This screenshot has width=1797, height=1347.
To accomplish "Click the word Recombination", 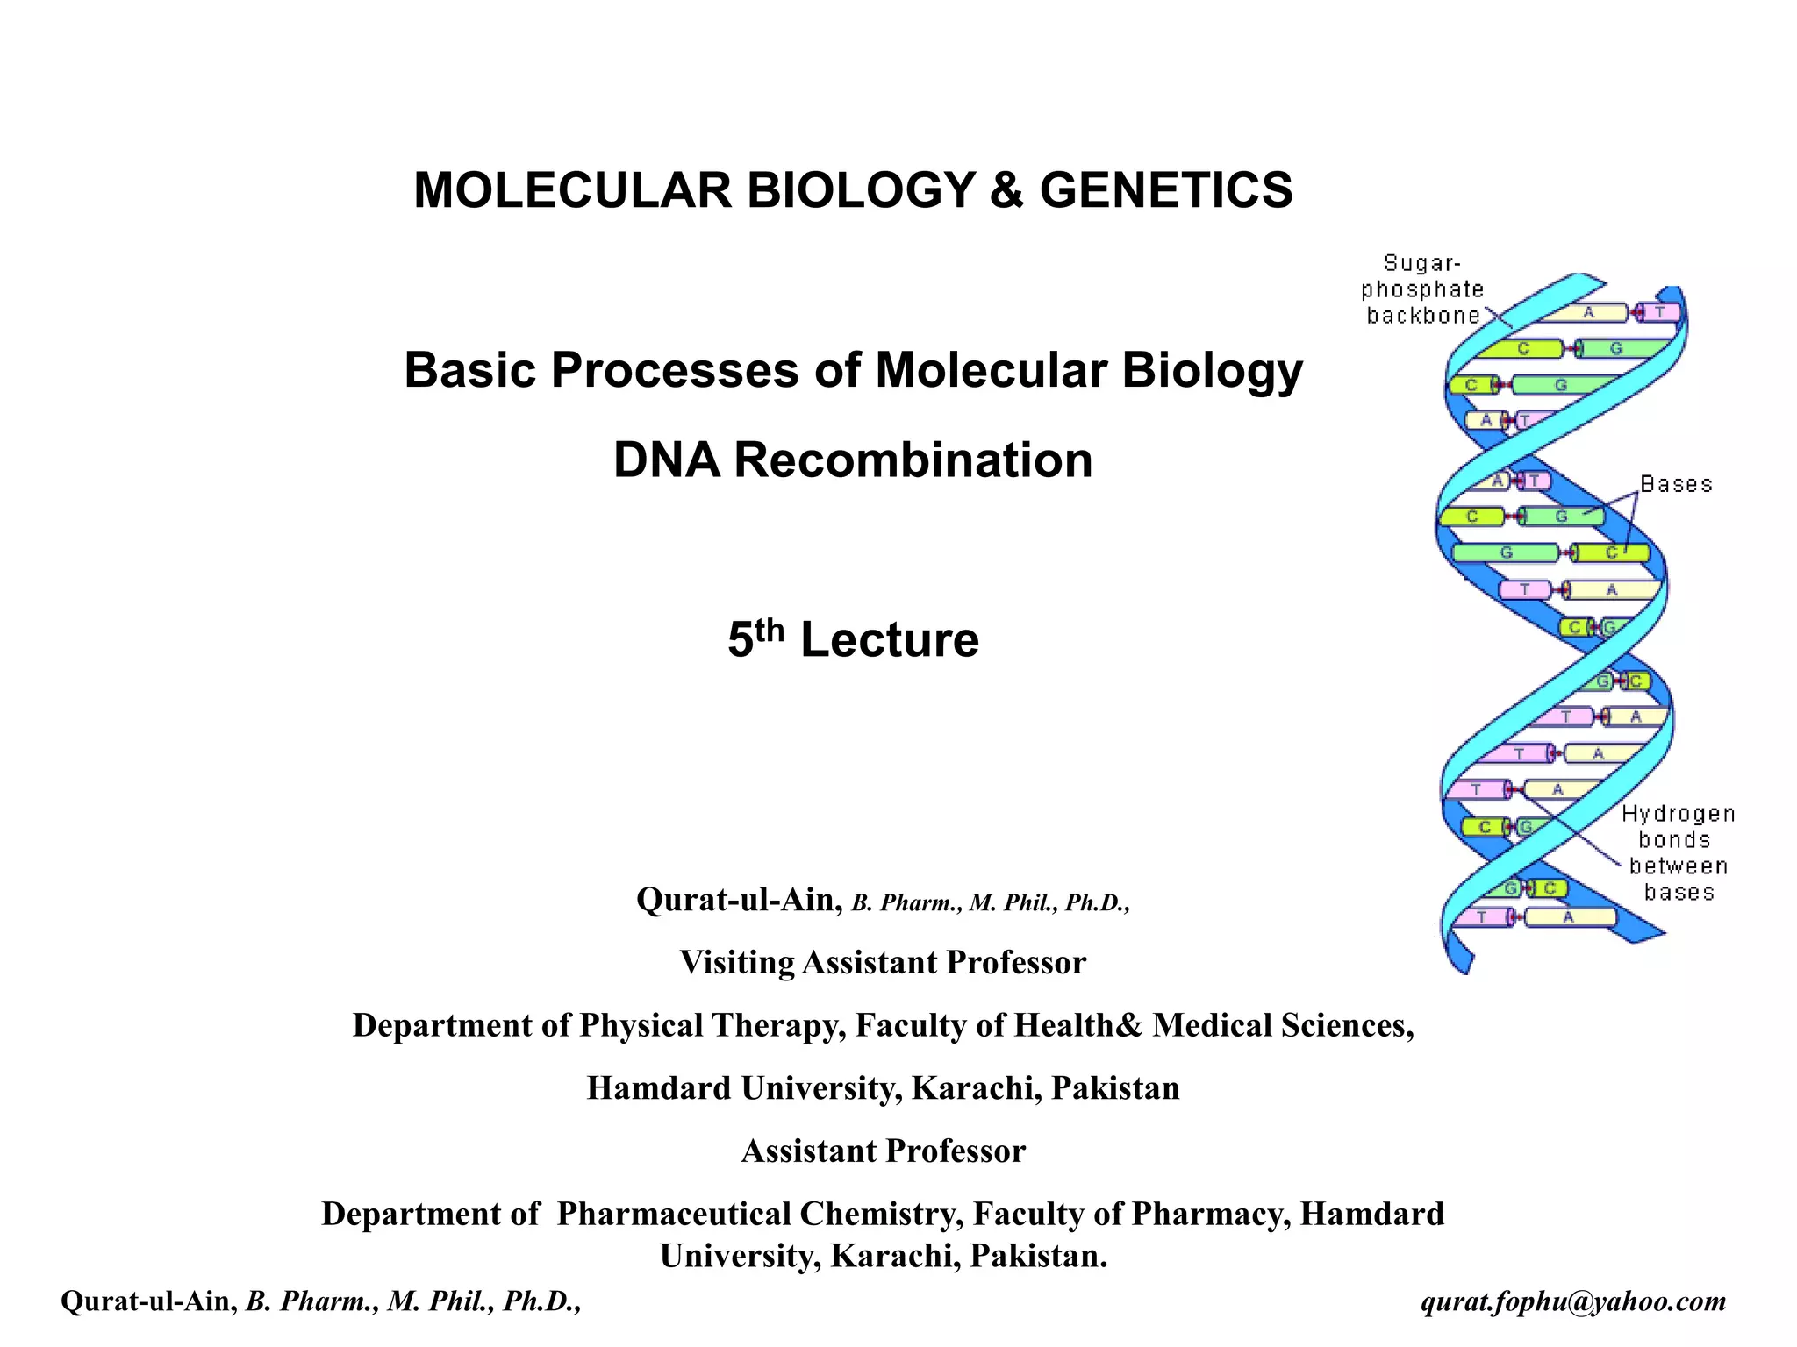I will click(x=913, y=460).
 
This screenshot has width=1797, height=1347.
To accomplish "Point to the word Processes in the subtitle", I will click(x=674, y=370).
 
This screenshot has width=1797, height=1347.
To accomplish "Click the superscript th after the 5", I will click(x=770, y=629).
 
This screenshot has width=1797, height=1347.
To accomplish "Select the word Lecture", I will click(x=889, y=639).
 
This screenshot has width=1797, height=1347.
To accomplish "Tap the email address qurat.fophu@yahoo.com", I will click(x=1572, y=1301).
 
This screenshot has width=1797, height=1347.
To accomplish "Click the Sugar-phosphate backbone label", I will click(x=1422, y=289).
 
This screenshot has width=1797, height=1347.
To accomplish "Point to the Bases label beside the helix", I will click(x=1676, y=484).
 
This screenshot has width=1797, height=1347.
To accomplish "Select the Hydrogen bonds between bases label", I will click(x=1678, y=852).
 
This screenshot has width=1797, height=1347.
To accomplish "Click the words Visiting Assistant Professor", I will click(x=883, y=963).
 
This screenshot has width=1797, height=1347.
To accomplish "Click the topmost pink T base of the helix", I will click(x=1660, y=312).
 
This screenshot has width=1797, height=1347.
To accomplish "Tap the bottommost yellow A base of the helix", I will click(x=1570, y=917).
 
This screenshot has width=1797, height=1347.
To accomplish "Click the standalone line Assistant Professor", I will click(x=883, y=1151).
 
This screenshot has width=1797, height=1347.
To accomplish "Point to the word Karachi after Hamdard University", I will click(x=976, y=1088).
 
